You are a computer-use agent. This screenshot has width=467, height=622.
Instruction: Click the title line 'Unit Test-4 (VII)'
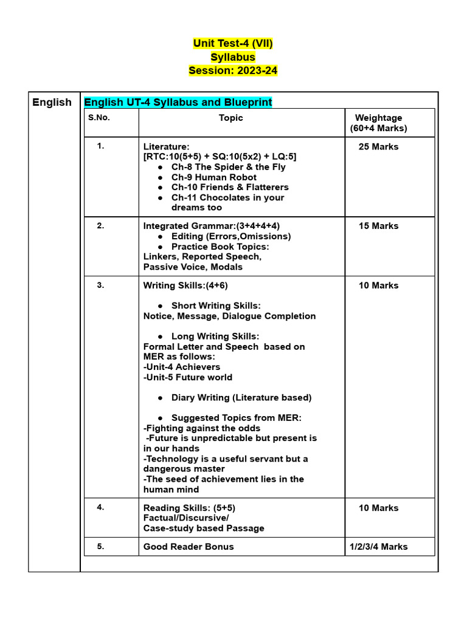click(x=233, y=43)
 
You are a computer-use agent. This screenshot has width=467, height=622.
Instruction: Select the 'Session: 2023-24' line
click(x=233, y=70)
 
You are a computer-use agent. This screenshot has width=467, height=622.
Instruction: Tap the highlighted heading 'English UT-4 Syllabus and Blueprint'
click(x=178, y=102)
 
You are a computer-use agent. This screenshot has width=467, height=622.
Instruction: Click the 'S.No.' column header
click(x=99, y=118)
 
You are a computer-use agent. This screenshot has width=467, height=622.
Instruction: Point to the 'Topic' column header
click(x=231, y=118)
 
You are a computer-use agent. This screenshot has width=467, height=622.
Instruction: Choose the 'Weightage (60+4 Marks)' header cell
click(x=378, y=123)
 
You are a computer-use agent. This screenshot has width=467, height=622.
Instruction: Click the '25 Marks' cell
click(x=378, y=147)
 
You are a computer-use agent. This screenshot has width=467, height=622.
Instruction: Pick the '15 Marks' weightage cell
click(x=378, y=226)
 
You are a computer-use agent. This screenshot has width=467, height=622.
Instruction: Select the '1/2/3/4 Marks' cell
click(x=378, y=547)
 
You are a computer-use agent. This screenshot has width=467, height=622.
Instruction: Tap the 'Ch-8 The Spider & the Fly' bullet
click(x=228, y=167)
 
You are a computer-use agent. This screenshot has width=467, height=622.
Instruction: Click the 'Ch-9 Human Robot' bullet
click(x=213, y=177)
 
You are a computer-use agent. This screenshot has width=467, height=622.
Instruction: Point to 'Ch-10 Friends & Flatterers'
click(x=230, y=187)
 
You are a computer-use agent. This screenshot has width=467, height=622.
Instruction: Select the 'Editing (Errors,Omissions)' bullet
click(x=231, y=236)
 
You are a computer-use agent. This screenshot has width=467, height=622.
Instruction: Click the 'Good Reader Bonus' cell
click(x=189, y=547)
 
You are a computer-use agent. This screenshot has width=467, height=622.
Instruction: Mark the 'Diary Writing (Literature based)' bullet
click(x=241, y=398)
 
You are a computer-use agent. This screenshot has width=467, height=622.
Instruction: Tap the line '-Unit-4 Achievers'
click(x=182, y=367)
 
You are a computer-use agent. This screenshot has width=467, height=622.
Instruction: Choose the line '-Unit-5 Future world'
click(x=188, y=377)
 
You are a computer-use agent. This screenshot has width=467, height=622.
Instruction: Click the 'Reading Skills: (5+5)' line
click(x=189, y=508)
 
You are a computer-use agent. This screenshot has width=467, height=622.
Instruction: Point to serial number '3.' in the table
click(x=100, y=285)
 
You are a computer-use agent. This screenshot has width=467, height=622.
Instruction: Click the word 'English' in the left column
click(x=52, y=102)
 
